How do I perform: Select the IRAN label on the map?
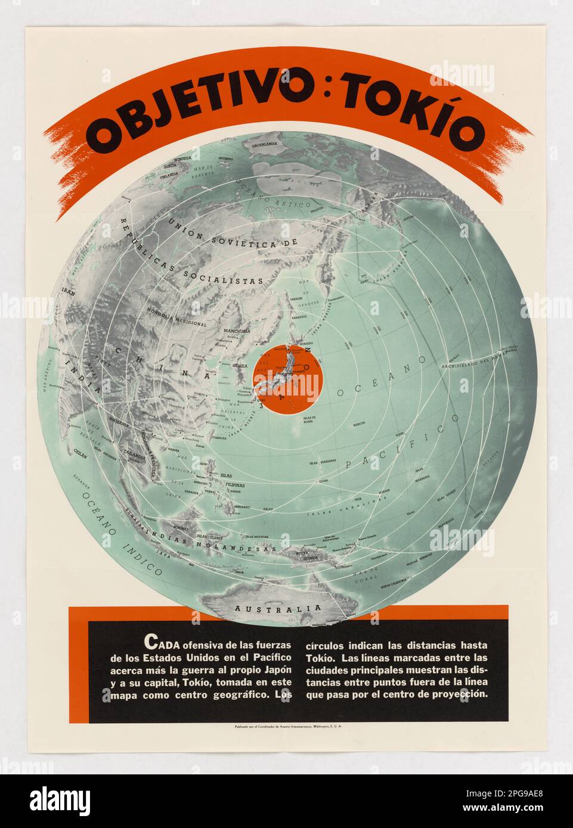pyautogui.click(x=67, y=292)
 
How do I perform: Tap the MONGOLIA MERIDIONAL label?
pyautogui.click(x=176, y=317)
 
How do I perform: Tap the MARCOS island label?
pyautogui.click(x=358, y=425)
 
